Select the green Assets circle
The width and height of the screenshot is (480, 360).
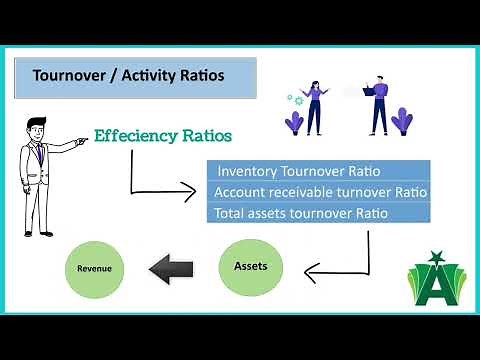(250, 268)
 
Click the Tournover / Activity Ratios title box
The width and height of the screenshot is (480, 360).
(135, 77)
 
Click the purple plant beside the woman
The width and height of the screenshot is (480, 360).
(295, 122)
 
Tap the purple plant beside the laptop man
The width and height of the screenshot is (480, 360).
(402, 120)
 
